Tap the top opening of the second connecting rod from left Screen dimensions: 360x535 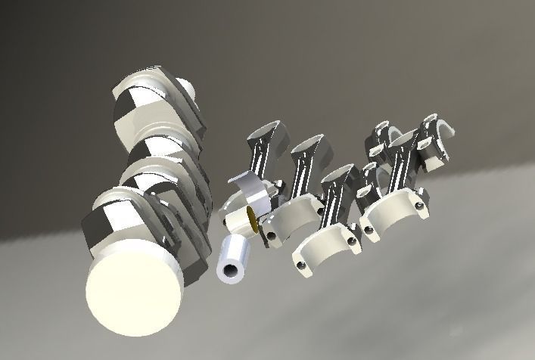pyautogui.click(x=306, y=145)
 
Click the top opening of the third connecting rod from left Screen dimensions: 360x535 pyautogui.click(x=338, y=175)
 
